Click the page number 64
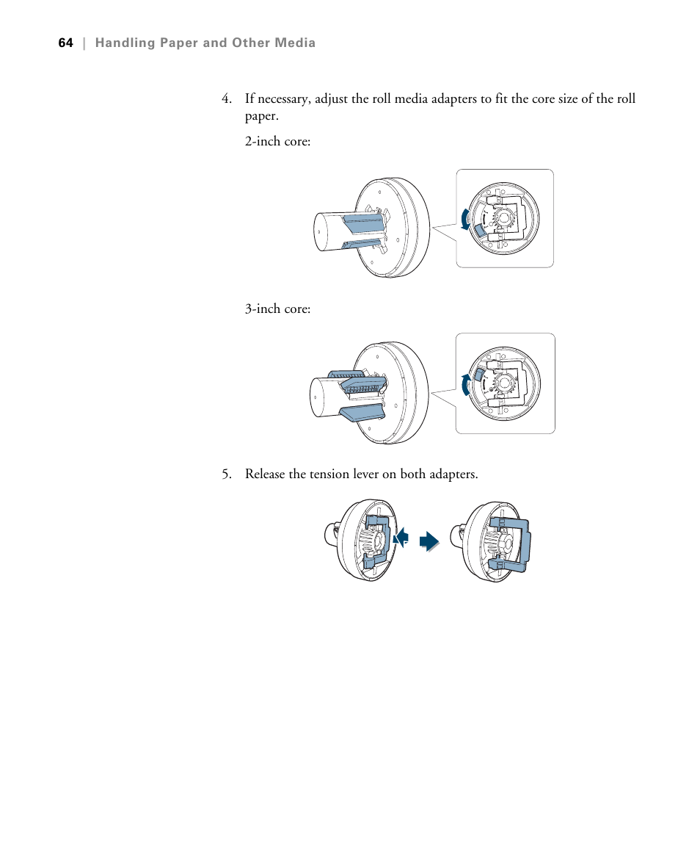click(x=65, y=43)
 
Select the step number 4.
click(x=227, y=99)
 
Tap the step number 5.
click(x=227, y=474)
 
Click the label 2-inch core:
click(x=277, y=141)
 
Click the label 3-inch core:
click(x=277, y=309)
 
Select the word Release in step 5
click(x=265, y=474)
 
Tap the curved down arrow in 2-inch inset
click(x=464, y=218)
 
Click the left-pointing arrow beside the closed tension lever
click(x=401, y=538)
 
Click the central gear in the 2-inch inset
click(x=505, y=219)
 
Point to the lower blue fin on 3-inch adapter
click(x=362, y=413)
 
